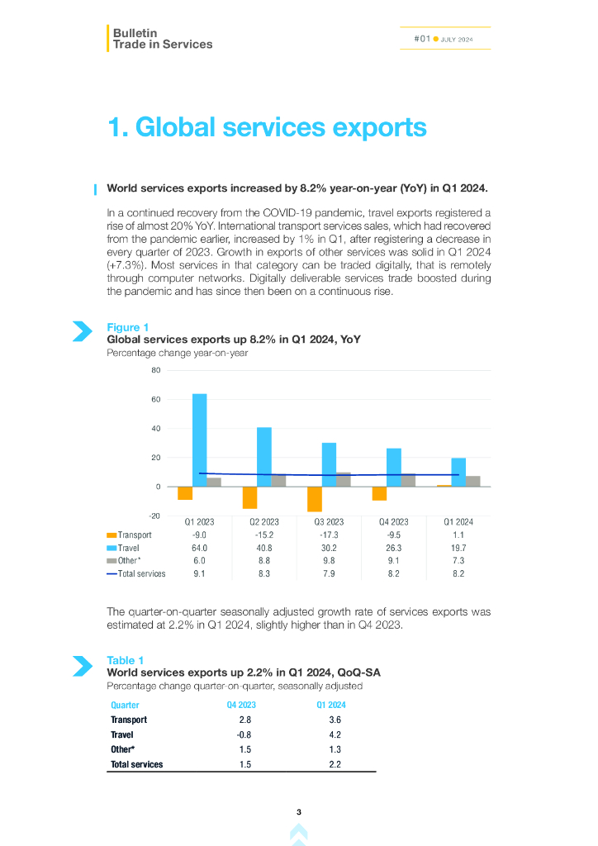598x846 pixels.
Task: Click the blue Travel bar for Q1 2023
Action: point(199,440)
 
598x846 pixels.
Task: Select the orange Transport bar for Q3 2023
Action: point(314,499)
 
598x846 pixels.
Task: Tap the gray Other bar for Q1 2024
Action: point(473,481)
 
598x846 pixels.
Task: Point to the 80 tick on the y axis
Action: point(156,370)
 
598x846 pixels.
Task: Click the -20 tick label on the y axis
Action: point(155,516)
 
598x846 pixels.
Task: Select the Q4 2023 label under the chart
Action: point(393,522)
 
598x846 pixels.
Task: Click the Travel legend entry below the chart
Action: point(128,548)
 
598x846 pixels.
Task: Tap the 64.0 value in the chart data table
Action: point(199,548)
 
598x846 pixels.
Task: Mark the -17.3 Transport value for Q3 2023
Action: point(329,535)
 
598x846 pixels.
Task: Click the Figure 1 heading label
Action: point(128,328)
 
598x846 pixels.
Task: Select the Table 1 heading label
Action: point(126,660)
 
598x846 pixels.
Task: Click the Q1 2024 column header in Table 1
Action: point(331,705)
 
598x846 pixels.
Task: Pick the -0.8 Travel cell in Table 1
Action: point(244,734)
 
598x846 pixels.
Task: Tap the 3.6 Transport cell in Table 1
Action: point(334,720)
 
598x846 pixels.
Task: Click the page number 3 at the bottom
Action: point(299,812)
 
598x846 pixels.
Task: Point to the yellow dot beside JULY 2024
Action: point(435,39)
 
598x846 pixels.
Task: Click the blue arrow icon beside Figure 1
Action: point(82,331)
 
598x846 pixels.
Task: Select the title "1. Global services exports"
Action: point(267,127)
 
